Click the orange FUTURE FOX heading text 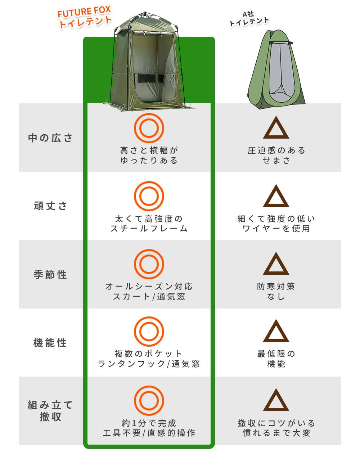tap(84, 12)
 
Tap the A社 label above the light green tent tap(248, 14)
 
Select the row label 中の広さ tap(50, 138)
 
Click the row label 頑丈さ tap(50, 206)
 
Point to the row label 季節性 tap(50, 275)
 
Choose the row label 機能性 tap(50, 343)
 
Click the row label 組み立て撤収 tap(50, 411)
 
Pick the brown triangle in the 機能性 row tap(276, 340)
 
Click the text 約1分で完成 tap(149, 423)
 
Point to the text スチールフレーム tap(149, 229)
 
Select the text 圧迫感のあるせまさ tap(276, 156)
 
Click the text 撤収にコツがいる tap(276, 423)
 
